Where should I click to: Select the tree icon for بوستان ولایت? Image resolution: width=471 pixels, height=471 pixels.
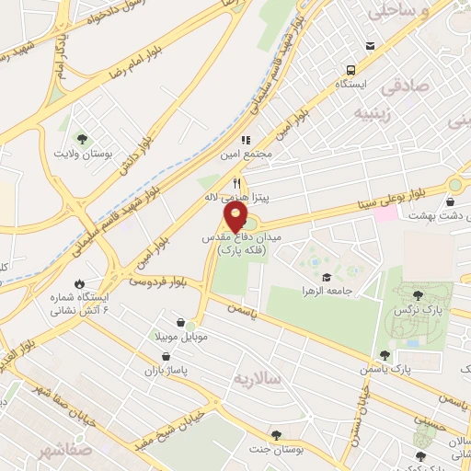point(83,139)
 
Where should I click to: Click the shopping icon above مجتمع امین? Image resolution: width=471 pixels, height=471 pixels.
point(247,138)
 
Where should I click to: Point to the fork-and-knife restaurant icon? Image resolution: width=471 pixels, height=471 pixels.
point(236,182)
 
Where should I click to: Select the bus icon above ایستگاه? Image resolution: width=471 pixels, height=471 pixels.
point(350,70)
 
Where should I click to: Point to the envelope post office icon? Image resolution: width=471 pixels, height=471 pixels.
point(370,45)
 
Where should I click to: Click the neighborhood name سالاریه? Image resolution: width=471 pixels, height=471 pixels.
point(254,378)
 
